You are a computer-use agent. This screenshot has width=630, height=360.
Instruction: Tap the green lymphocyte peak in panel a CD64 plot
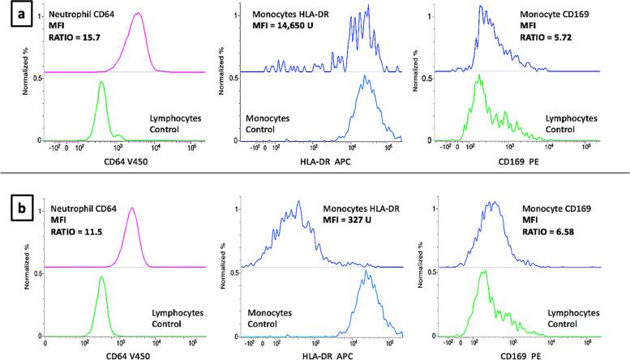click(x=101, y=81)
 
